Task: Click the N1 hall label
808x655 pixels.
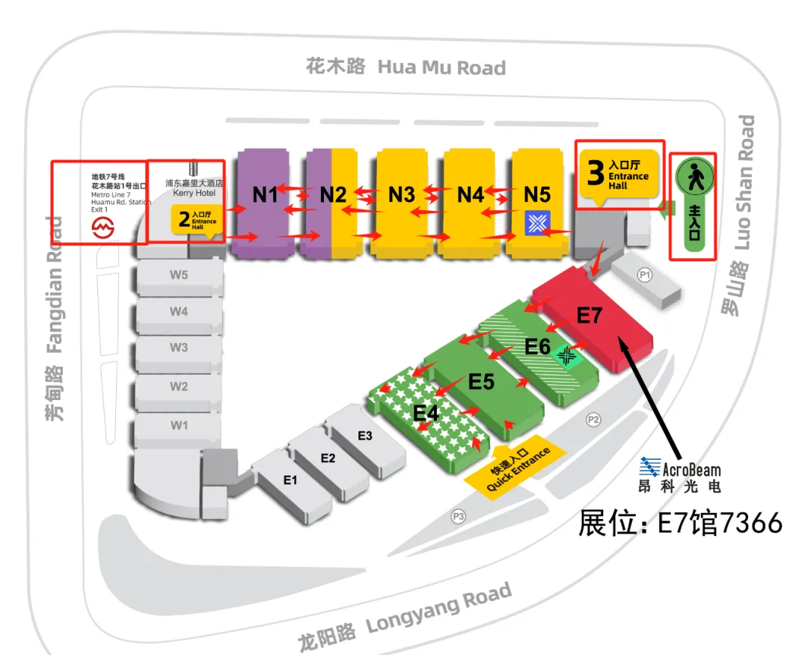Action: (265, 194)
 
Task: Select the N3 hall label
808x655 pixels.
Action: (402, 195)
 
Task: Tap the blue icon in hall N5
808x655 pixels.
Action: (537, 221)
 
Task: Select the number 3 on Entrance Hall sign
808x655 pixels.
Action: (595, 173)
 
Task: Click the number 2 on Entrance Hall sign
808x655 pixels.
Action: (184, 220)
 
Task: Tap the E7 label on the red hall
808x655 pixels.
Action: (590, 316)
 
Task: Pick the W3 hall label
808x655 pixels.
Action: (178, 348)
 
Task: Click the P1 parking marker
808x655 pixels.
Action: (645, 275)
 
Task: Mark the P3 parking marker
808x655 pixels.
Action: (459, 515)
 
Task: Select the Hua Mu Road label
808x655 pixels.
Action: (441, 67)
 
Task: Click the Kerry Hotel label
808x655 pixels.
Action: (195, 193)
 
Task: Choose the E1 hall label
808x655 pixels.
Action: (290, 480)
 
